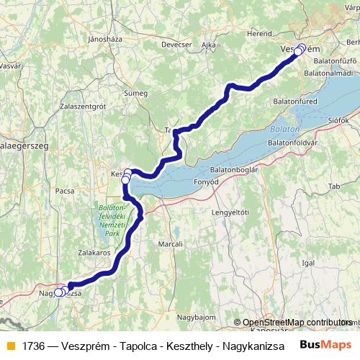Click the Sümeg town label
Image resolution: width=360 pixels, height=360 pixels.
coord(135,93)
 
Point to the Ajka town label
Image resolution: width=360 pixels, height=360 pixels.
coord(210,44)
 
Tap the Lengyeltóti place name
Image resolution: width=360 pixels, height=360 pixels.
coord(230,212)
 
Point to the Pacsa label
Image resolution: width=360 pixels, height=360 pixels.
coord(65,191)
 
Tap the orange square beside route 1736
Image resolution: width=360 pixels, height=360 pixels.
coord(9,345)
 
